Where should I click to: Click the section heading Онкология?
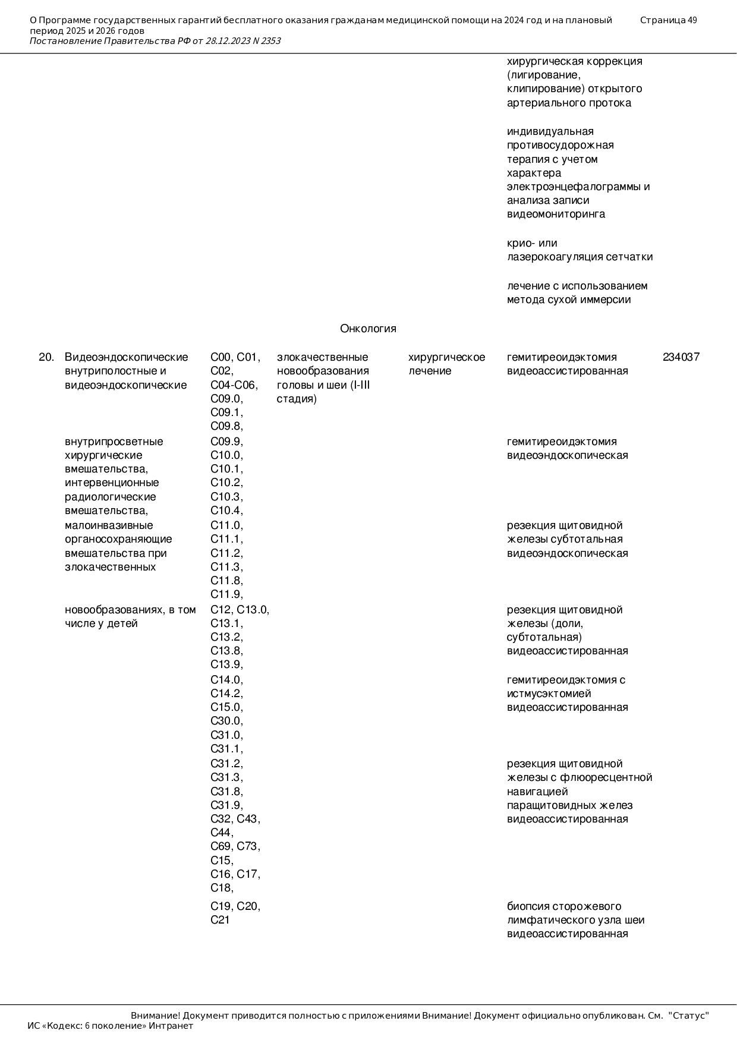[x=368, y=329]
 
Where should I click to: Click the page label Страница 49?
[x=668, y=20]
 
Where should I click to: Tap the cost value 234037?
[x=681, y=357]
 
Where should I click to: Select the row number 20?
[x=46, y=357]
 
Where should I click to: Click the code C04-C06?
[x=234, y=385]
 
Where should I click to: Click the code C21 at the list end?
[x=220, y=920]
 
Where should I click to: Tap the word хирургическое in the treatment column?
[x=446, y=357]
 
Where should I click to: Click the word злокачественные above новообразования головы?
[x=322, y=357]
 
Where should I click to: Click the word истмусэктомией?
[x=549, y=694]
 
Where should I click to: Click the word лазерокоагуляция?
[x=555, y=257]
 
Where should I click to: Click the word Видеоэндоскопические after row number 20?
[x=126, y=357]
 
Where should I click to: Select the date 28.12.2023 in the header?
[x=228, y=41]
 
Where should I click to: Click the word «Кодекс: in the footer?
[x=65, y=1026]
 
